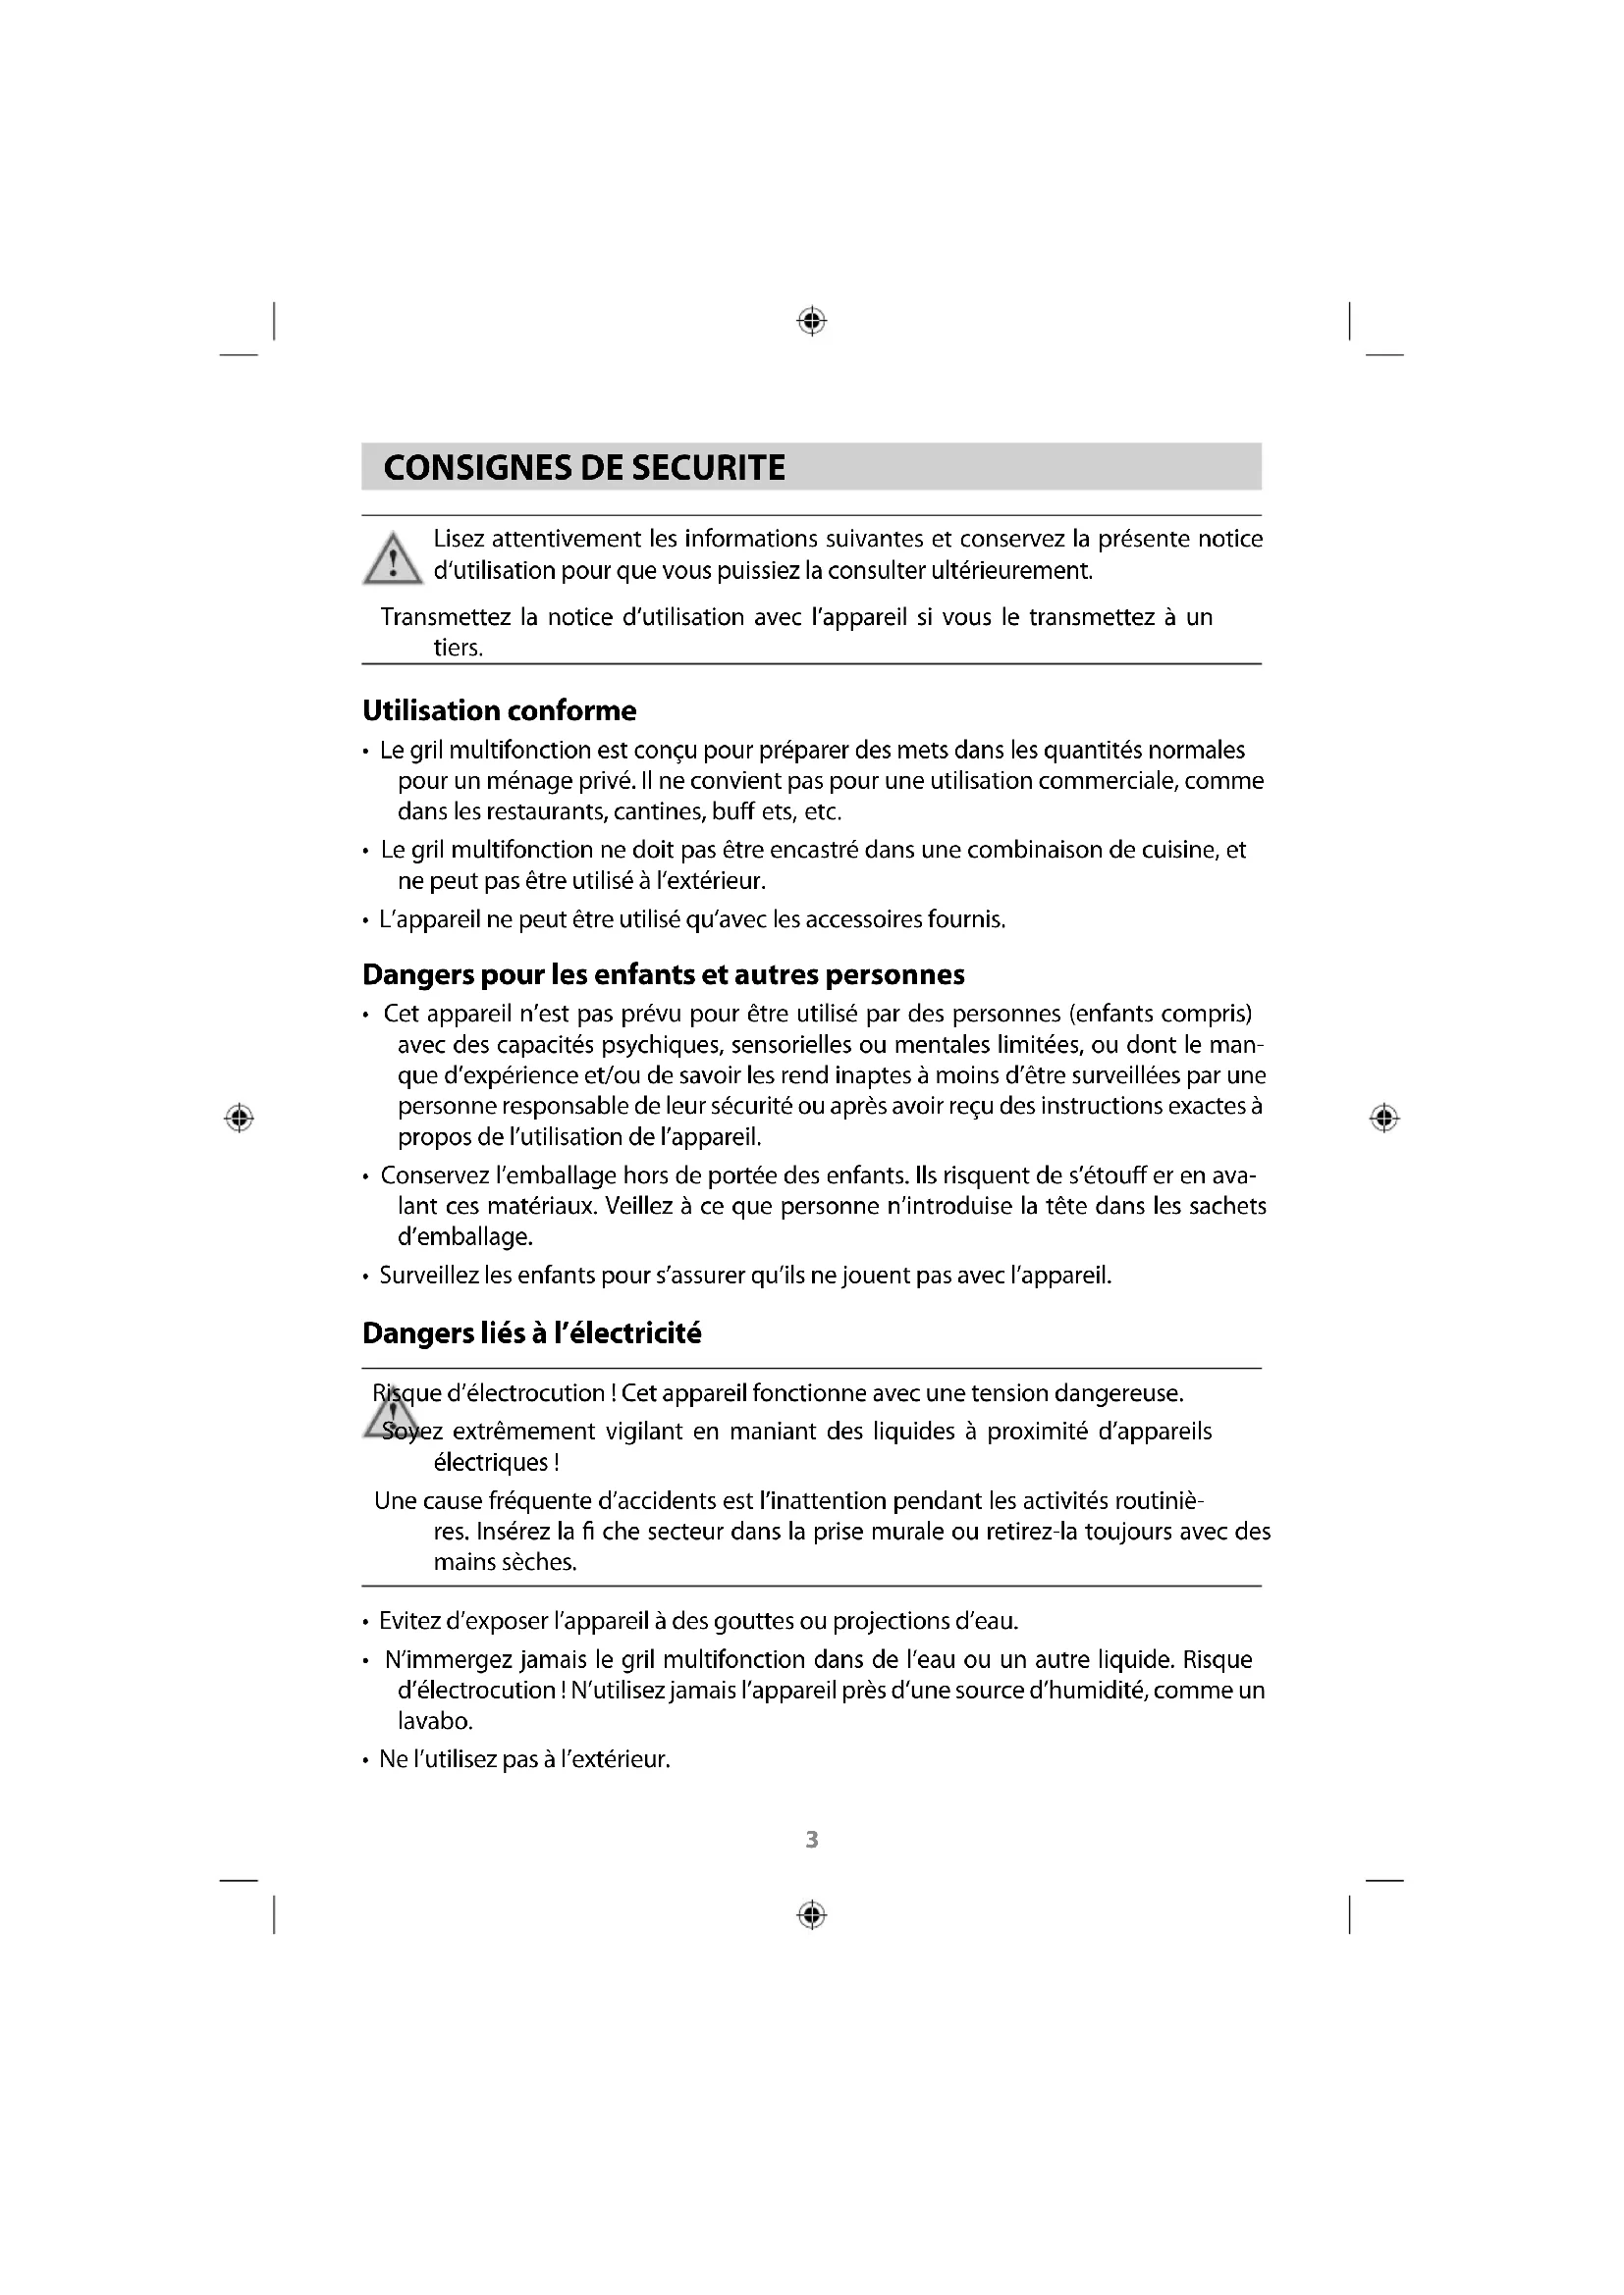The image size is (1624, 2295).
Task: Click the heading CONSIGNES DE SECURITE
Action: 584,468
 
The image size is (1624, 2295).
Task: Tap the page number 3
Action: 812,1839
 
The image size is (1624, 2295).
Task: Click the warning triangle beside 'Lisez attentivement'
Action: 393,558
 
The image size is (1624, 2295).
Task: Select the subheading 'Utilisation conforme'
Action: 499,710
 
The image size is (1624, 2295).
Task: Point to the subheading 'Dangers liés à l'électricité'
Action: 531,1333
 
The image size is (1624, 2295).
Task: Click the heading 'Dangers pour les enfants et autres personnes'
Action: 663,974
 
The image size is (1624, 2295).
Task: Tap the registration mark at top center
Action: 812,321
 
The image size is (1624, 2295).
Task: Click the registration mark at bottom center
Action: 812,1914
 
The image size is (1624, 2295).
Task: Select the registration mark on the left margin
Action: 238,1118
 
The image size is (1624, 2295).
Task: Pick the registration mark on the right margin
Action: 1384,1118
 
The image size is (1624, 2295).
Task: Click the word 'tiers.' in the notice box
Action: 458,648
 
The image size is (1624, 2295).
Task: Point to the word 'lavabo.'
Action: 435,1721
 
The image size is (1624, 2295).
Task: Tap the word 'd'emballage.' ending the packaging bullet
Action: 465,1236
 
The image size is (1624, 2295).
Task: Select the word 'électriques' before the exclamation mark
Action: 490,1462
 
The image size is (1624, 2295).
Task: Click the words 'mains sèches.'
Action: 505,1561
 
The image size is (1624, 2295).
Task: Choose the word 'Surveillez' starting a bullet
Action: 429,1276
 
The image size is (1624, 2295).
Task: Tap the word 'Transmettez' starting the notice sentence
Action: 445,617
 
